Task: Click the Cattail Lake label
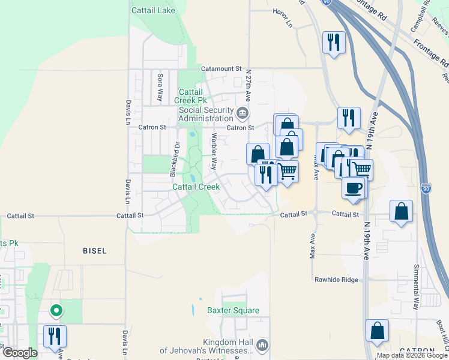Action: [154, 11]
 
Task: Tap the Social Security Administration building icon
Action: [243, 112]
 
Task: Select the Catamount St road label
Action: [221, 69]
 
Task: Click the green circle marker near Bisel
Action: [56, 310]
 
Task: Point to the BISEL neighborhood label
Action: [94, 251]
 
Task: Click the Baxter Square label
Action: [233, 310]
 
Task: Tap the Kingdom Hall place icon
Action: [262, 345]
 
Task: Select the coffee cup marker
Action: [352, 187]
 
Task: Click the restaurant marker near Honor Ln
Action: [334, 42]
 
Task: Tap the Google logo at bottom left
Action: [19, 353]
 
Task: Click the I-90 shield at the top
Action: [343, 3]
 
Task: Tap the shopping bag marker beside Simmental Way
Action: [401, 211]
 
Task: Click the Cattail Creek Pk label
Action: [191, 96]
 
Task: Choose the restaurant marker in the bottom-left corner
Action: [54, 336]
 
